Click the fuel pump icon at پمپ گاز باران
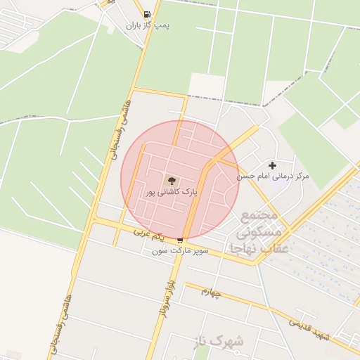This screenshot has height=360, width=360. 146,14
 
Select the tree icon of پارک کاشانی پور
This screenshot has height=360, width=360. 172,181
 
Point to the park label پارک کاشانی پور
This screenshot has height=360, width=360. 172,191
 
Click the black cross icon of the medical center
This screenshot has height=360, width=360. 272,165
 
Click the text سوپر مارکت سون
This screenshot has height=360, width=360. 181,251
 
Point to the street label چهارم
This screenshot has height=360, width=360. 210,291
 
